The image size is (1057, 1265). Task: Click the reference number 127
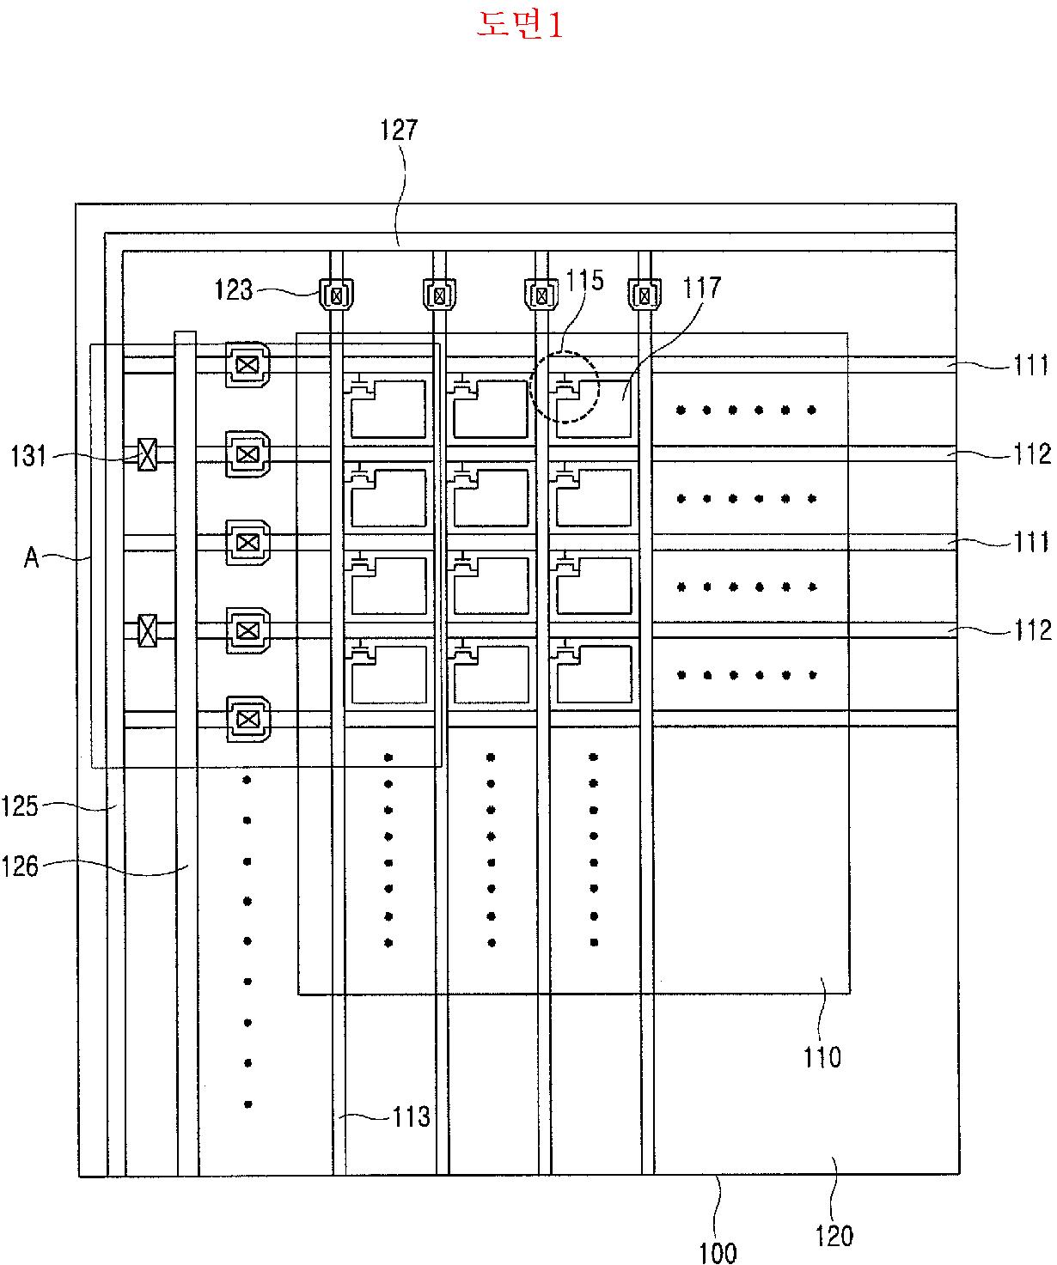[399, 131]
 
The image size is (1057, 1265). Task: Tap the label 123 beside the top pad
[234, 289]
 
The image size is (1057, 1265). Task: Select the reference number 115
[584, 281]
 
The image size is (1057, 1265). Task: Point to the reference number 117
[702, 287]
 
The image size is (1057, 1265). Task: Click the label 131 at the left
[28, 456]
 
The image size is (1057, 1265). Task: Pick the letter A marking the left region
[32, 557]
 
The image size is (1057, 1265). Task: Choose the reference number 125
[20, 806]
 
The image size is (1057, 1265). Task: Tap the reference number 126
[20, 867]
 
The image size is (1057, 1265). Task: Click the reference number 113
[411, 1116]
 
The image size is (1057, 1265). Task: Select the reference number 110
[822, 1058]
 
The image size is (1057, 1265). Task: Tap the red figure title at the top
[520, 24]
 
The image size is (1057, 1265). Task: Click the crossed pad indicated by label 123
[337, 295]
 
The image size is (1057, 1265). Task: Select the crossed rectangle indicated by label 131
[147, 454]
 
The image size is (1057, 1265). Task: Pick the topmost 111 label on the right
[1031, 366]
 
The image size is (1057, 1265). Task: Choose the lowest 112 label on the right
[1032, 630]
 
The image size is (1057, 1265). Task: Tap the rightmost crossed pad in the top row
[645, 295]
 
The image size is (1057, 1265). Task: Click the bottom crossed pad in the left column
[247, 719]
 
